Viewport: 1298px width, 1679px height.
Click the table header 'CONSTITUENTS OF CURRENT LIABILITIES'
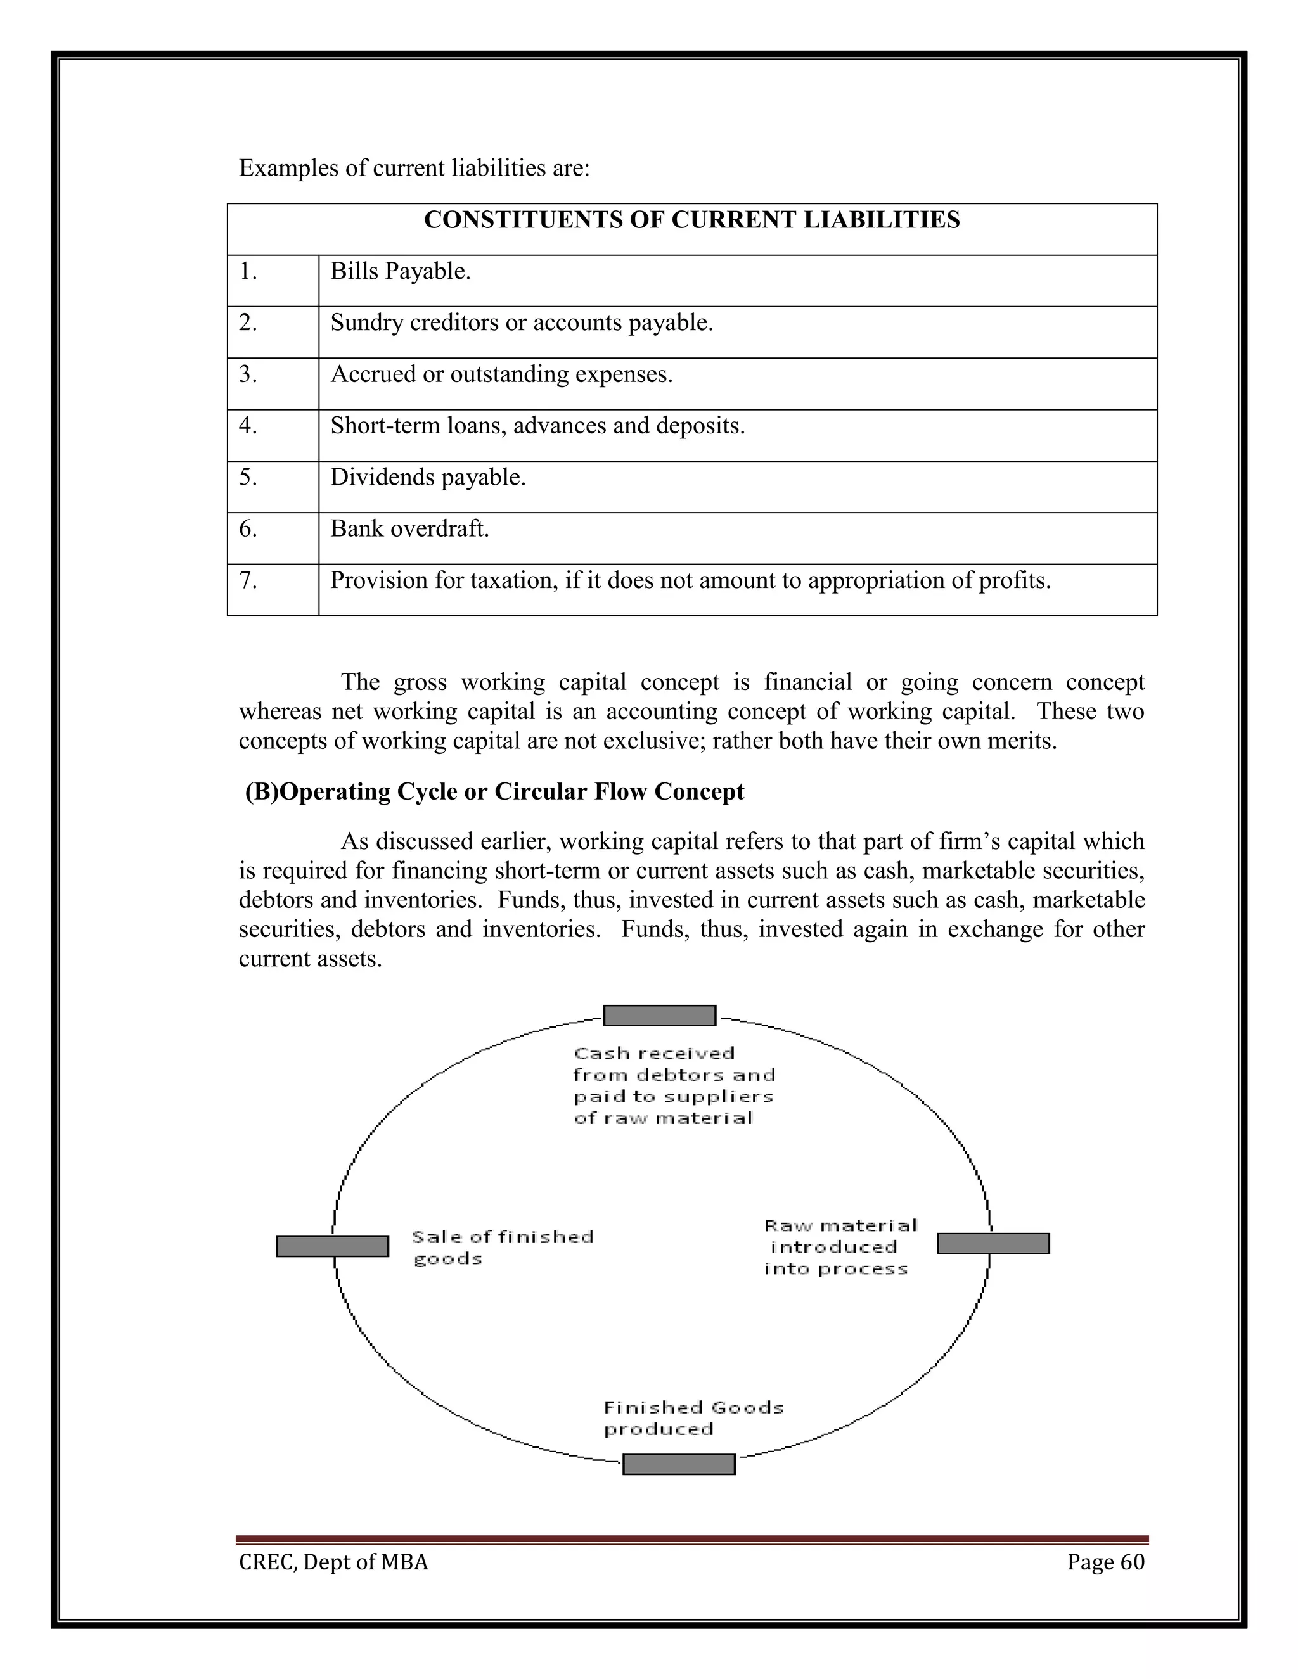[691, 220]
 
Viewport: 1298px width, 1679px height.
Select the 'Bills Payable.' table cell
[400, 272]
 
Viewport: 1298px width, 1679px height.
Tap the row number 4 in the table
[248, 426]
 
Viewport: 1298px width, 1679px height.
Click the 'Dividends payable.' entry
[428, 478]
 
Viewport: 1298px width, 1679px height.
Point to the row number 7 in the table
[248, 580]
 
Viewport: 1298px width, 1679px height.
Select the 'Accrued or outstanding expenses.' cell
[501, 375]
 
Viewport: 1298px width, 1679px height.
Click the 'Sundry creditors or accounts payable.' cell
[522, 324]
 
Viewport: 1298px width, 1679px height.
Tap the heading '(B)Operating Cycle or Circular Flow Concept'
[494, 792]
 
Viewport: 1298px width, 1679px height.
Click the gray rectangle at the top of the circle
[659, 1016]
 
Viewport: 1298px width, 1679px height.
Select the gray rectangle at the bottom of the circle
[678, 1464]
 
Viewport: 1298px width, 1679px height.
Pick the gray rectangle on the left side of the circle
[332, 1246]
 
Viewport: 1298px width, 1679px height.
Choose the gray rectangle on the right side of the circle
[993, 1243]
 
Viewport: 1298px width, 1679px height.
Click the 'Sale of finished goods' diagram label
[501, 1248]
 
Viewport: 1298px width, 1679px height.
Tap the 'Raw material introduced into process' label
[839, 1247]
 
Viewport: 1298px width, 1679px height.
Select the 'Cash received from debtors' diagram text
[674, 1085]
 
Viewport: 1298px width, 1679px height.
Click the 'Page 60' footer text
[1105, 1562]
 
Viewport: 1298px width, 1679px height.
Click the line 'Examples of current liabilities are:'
[414, 169]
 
